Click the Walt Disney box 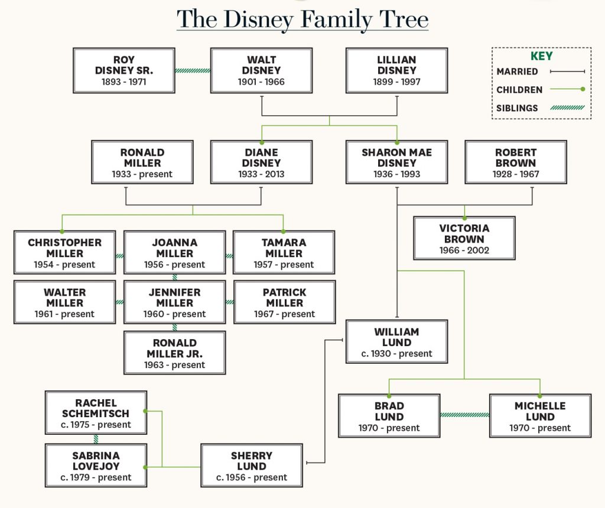pos(261,70)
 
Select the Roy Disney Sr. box pos(124,70)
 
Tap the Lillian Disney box pos(396,70)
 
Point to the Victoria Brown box pos(464,238)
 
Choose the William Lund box pos(396,342)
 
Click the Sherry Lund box pos(252,465)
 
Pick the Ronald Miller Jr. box pos(174,353)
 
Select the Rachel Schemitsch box pos(96,413)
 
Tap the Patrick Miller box pos(284,302)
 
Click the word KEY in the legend pos(541,56)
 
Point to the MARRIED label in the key pos(517,71)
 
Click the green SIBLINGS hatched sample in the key pos(568,108)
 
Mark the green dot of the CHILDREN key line pos(583,89)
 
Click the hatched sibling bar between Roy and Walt pos(193,70)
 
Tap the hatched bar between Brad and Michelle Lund pos(464,415)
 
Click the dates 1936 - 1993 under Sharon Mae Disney pos(396,174)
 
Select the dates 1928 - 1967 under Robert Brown pos(515,174)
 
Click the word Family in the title pos(336,19)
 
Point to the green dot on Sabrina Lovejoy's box pos(145,467)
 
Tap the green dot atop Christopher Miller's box pos(62,232)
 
